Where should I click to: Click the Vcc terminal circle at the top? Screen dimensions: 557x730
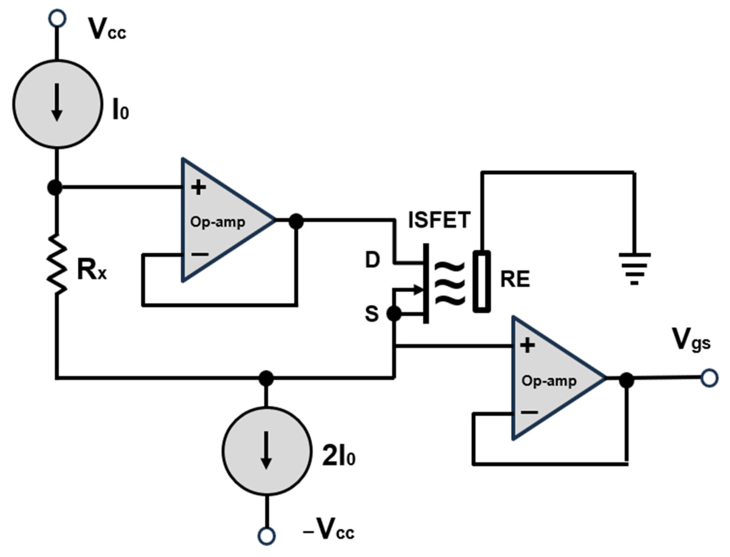coord(57,18)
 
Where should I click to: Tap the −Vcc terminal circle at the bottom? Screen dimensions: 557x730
coord(267,535)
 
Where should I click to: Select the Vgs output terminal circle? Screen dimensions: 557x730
coord(709,378)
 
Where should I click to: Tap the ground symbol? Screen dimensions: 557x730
coord(634,268)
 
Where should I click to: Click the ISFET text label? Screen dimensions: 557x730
coord(439,220)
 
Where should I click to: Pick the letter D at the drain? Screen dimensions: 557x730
coord(372,260)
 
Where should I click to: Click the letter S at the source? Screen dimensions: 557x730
coord(372,314)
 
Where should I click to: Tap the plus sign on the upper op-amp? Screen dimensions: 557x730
coord(198,188)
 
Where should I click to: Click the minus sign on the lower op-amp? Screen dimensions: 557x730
coord(529,412)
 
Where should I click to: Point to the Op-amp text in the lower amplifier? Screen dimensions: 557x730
coord(549,381)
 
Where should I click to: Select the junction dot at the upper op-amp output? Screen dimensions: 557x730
coord(296,221)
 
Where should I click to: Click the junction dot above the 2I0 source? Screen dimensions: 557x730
coord(266,378)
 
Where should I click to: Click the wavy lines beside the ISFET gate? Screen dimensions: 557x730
coord(450,283)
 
